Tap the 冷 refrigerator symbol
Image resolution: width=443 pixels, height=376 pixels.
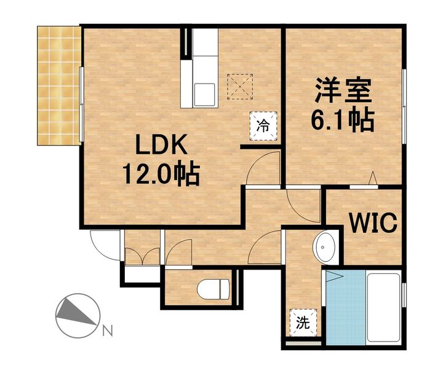point(263,127)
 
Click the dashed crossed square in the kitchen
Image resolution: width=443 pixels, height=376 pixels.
point(241,86)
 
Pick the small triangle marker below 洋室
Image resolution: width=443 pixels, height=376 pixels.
point(372,179)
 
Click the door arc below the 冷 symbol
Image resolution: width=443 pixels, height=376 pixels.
point(263,169)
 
